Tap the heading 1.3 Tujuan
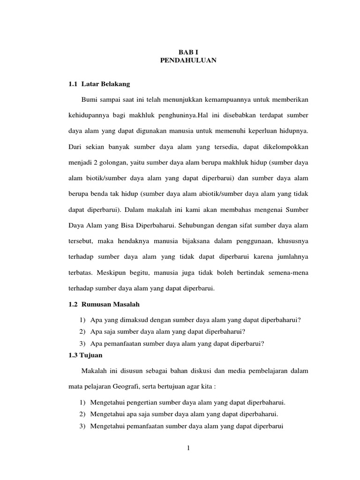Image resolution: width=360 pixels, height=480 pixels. (x=85, y=355)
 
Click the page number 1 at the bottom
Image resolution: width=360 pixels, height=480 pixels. (x=188, y=448)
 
